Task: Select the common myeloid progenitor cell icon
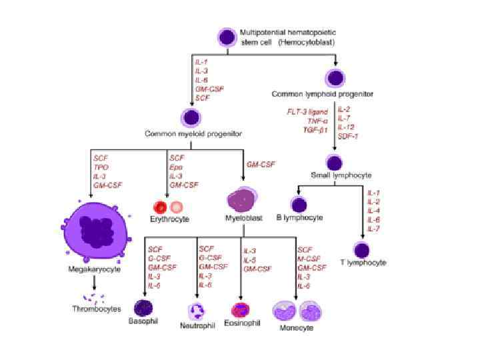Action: [x=192, y=118]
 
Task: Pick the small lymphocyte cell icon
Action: [x=335, y=162]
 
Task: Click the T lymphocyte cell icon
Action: [x=362, y=250]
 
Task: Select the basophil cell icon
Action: [x=144, y=307]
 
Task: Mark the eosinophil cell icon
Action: [x=239, y=310]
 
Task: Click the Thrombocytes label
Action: [x=97, y=309]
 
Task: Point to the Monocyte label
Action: [x=297, y=328]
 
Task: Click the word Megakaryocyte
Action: [x=94, y=269]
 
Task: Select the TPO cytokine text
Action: [x=101, y=167]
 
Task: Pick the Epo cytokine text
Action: [x=176, y=167]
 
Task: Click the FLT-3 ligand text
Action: [x=309, y=112]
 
